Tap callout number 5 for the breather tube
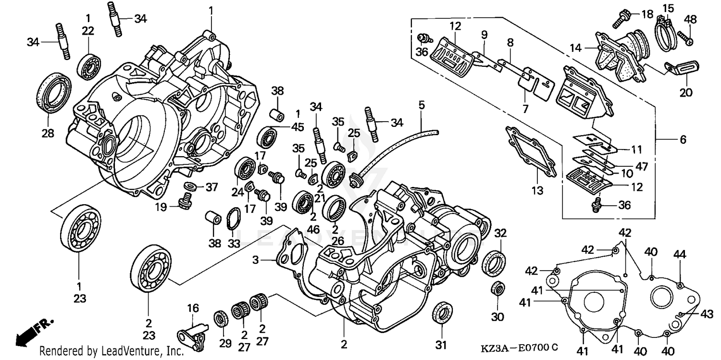pyautogui.click(x=422, y=104)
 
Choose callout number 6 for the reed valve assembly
pyautogui.click(x=683, y=139)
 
